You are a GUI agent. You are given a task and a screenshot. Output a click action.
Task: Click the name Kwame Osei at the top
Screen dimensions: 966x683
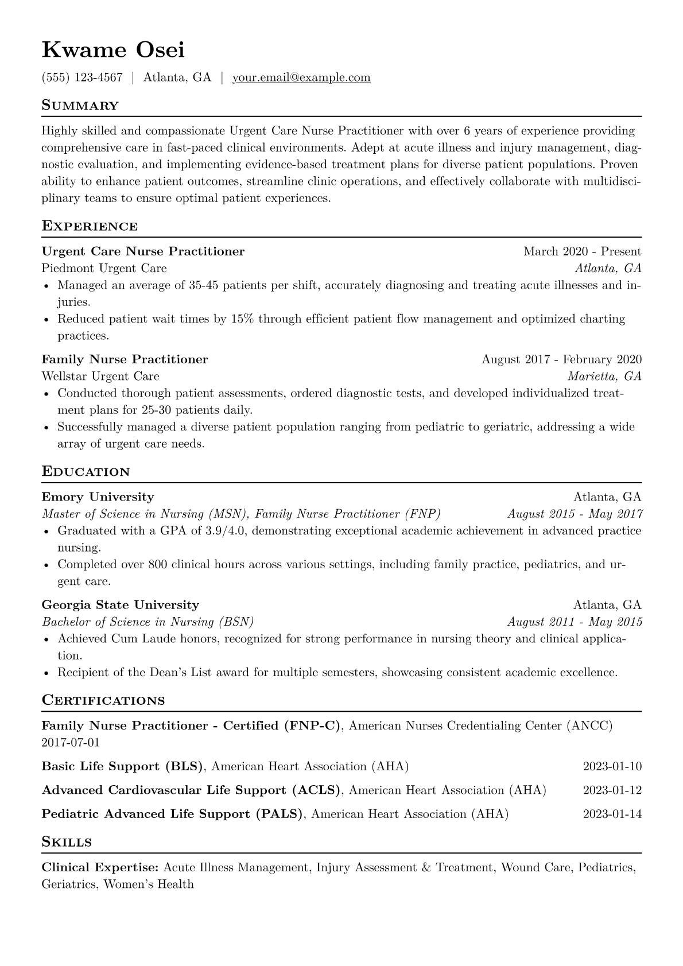113,50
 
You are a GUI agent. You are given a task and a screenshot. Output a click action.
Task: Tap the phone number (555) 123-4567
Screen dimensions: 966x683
82,77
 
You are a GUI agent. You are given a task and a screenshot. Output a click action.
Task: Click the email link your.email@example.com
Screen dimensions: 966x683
301,77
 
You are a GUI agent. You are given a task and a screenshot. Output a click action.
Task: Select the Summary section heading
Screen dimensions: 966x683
80,106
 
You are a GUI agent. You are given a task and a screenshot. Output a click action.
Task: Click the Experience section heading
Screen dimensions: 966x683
90,226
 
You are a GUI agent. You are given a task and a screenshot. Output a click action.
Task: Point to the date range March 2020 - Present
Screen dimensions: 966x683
582,251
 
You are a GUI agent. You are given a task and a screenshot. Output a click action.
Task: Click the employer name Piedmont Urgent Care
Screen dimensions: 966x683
104,268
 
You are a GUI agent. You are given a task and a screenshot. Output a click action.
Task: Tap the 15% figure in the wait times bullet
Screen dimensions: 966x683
242,319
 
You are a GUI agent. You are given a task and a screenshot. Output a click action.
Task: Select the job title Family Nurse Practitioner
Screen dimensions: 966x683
125,359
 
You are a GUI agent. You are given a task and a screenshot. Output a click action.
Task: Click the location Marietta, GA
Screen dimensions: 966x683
604,376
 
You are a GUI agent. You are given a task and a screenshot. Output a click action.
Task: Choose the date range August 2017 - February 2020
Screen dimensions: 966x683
561,359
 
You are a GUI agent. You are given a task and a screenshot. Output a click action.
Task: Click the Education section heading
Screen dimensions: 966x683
86,472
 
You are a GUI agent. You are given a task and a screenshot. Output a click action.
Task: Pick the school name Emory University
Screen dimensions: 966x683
98,497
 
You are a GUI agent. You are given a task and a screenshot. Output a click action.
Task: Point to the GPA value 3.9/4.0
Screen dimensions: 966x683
226,531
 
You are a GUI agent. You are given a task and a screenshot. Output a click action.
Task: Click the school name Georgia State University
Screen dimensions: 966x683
120,605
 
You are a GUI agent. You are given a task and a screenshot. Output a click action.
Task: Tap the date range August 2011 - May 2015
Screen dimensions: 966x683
575,622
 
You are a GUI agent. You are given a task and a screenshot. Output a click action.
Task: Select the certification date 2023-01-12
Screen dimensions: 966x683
612,790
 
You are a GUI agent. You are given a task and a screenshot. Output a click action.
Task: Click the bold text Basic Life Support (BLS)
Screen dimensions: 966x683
123,766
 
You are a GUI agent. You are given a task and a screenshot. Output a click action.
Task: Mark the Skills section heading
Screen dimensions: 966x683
67,842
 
